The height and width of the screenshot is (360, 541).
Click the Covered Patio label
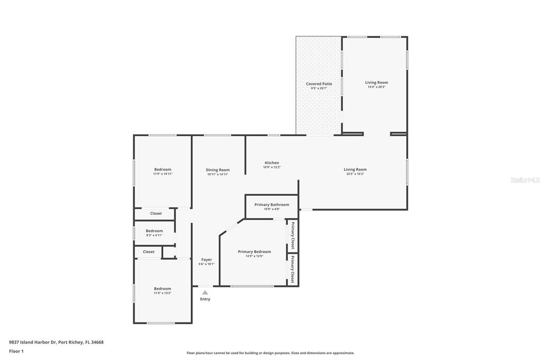point(319,84)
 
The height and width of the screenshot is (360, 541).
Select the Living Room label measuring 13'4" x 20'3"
point(376,82)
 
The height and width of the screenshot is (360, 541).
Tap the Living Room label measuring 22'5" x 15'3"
point(355,169)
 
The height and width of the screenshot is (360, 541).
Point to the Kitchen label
point(272,163)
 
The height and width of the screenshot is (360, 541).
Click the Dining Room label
point(218,170)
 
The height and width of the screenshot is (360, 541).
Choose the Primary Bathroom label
point(272,204)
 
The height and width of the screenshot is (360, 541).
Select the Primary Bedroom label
point(254,252)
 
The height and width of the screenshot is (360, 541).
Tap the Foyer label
point(207,260)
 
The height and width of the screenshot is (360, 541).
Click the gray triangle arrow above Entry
point(205,292)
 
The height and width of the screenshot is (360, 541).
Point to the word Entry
point(205,299)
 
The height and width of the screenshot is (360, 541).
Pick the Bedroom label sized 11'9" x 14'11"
point(163,169)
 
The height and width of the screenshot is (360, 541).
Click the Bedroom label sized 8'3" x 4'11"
point(154,231)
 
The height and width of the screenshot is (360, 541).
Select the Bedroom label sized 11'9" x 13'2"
point(163,289)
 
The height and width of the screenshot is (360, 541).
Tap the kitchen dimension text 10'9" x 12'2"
point(272,167)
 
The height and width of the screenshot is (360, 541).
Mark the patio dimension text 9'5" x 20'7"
point(319,88)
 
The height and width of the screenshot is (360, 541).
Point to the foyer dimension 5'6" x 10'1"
point(207,264)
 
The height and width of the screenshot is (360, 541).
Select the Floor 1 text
point(16,351)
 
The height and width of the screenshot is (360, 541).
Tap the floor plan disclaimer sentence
point(270,353)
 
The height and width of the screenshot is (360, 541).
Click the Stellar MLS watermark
point(525,180)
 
